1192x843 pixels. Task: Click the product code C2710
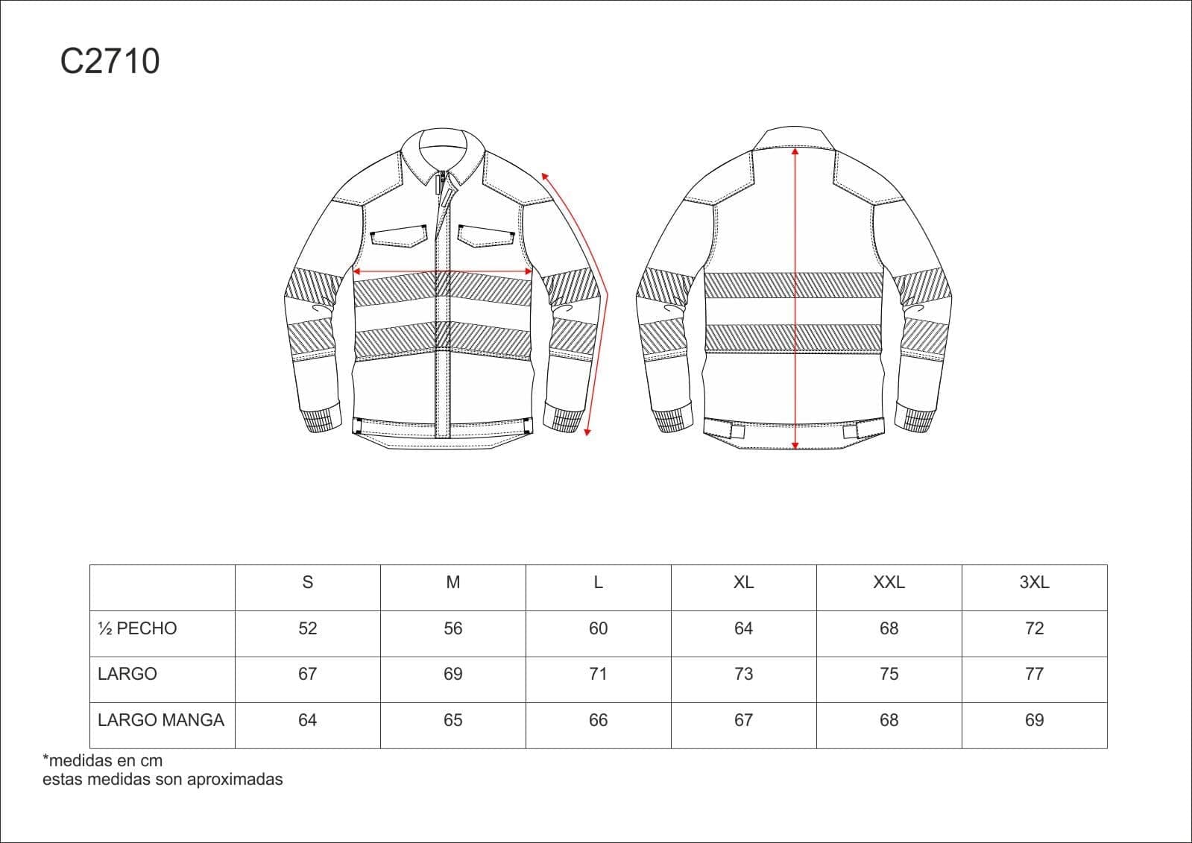(110, 60)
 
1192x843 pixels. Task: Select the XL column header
(743, 582)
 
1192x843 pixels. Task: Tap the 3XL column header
(1035, 582)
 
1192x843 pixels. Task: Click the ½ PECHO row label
(137, 628)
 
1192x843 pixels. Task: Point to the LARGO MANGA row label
(161, 720)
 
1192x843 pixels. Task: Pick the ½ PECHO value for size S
(308, 628)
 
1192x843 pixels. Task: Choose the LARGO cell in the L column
(598, 675)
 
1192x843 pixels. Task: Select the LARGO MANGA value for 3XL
(1035, 720)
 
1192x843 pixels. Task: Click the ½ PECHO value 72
(1035, 628)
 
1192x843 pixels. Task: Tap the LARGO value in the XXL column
(889, 675)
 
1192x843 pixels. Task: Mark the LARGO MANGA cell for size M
(452, 720)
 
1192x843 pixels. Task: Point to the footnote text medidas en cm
(105, 760)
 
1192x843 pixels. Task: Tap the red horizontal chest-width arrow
(443, 271)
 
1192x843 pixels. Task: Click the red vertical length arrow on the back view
(795, 299)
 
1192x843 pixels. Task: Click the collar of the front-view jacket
(443, 154)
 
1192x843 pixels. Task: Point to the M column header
(452, 582)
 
